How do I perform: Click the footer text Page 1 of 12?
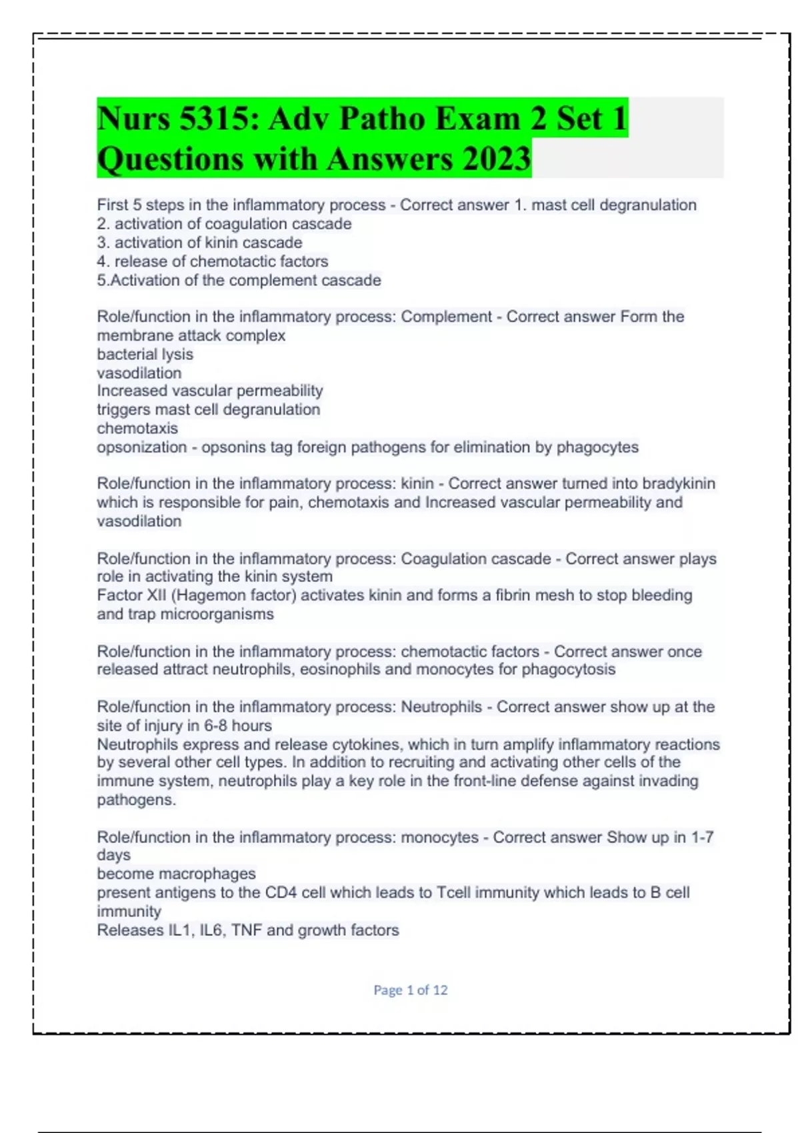410,990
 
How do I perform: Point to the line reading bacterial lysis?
145,354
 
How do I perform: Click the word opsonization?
141,447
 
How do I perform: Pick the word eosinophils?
341,669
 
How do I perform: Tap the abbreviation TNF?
246,930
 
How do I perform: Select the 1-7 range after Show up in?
702,837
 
